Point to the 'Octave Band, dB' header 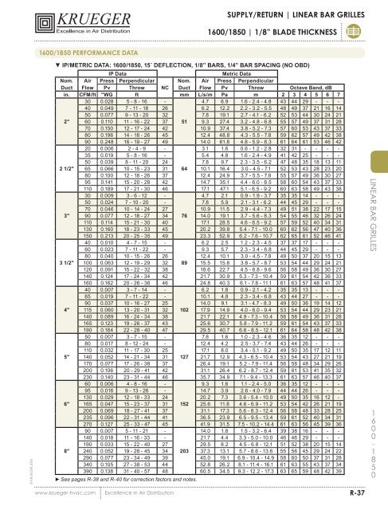tap(309, 87)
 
